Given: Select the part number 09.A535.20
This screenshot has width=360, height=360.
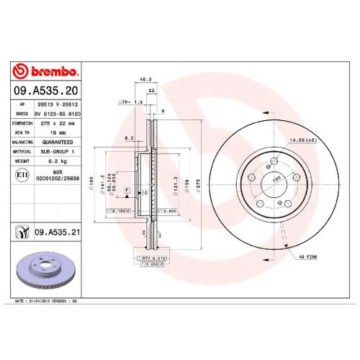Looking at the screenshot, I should click(47, 91).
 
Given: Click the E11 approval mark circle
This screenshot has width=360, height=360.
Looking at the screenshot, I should click(22, 174).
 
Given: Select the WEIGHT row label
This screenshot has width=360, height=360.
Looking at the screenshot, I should click(21, 162).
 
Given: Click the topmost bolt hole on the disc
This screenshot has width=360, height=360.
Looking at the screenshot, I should click(275, 161).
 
